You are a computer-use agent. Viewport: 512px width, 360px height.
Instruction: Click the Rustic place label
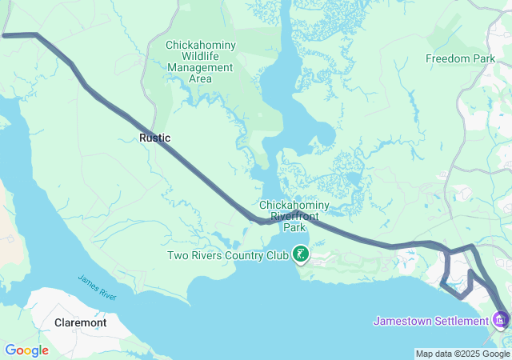[x=154, y=138]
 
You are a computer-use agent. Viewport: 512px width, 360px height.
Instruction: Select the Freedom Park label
[x=460, y=59]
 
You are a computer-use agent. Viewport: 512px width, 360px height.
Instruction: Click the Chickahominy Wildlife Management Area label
[x=200, y=62]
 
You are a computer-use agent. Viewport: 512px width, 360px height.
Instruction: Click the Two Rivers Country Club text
[x=226, y=256]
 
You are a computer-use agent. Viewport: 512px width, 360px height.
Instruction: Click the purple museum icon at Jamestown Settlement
[x=502, y=321]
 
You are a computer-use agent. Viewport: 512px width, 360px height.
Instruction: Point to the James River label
[x=98, y=287]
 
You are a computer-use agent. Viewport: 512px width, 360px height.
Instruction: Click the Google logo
[x=26, y=350]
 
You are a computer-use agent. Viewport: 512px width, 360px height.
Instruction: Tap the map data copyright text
[x=463, y=354]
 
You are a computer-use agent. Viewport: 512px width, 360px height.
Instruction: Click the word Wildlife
[x=200, y=56]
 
